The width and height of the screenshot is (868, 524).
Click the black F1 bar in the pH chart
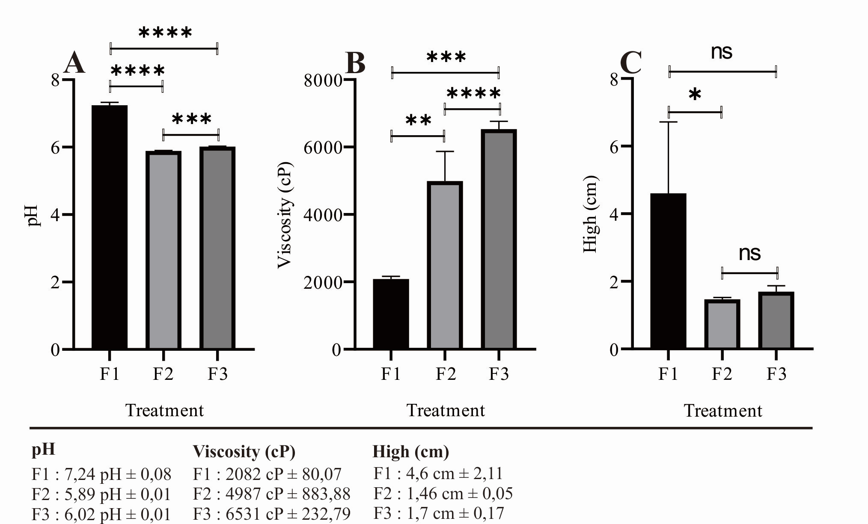pyautogui.click(x=110, y=227)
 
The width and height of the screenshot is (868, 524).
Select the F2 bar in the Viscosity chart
pyautogui.click(x=445, y=265)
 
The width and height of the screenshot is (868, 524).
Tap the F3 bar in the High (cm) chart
pyautogui.click(x=776, y=321)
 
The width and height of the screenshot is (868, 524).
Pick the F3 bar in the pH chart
pyautogui.click(x=217, y=248)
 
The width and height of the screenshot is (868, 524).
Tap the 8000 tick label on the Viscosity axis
pyautogui.click(x=323, y=80)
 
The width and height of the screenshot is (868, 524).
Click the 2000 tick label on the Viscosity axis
pyautogui.click(x=323, y=282)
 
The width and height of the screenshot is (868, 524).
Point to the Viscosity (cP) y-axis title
pyautogui.click(x=285, y=215)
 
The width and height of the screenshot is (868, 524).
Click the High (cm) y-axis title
pyautogui.click(x=591, y=214)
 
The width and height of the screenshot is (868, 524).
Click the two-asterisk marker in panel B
pyautogui.click(x=418, y=121)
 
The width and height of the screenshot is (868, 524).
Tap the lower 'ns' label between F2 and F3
pyautogui.click(x=749, y=253)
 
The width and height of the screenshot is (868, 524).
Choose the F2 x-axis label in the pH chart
pyautogui.click(x=163, y=374)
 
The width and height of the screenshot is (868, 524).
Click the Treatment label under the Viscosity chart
pyautogui.click(x=446, y=410)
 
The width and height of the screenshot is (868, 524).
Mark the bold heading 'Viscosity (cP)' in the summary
pyautogui.click(x=244, y=451)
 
